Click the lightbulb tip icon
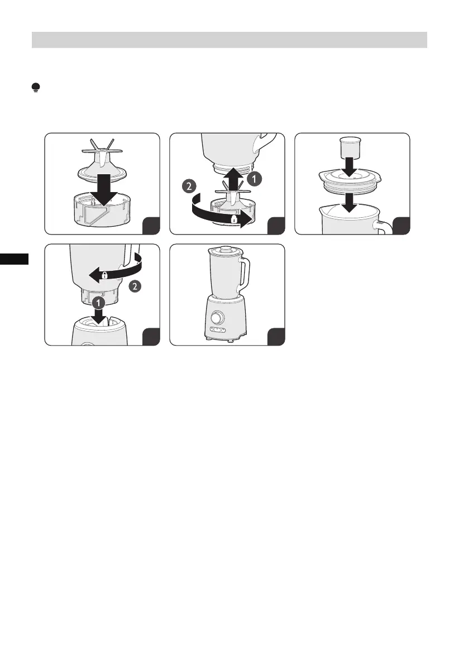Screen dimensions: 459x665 36,88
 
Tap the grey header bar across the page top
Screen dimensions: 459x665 229,40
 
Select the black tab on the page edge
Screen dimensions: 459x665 14,259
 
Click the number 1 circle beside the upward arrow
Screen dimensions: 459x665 255,179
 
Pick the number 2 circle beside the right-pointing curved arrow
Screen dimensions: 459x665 189,186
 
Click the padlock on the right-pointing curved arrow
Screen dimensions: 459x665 233,219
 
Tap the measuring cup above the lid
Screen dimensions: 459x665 350,147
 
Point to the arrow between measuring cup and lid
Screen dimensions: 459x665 350,167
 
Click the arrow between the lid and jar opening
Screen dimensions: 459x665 350,203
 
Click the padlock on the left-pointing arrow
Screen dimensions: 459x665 105,275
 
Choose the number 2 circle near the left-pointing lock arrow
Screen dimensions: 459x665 135,286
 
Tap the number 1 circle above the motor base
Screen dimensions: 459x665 98,303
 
